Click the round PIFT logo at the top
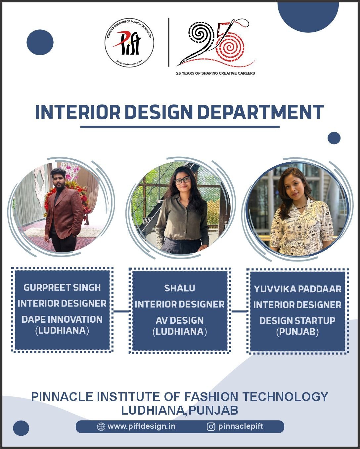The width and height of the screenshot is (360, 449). click(x=129, y=43)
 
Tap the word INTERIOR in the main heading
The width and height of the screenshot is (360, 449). click(x=78, y=112)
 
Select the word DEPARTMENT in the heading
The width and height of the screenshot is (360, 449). click(x=261, y=112)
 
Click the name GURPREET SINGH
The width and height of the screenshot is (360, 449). click(x=62, y=288)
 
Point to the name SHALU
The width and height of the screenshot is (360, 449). click(x=180, y=288)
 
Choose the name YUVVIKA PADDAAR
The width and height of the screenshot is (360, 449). click(x=297, y=289)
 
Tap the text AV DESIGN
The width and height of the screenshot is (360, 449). click(x=180, y=320)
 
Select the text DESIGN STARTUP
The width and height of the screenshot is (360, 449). click(x=297, y=321)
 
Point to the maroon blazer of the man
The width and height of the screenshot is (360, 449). click(x=64, y=213)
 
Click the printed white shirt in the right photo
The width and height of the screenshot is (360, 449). click(x=301, y=227)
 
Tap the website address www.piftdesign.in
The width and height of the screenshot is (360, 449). click(x=141, y=427)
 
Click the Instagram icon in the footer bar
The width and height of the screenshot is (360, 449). click(x=211, y=427)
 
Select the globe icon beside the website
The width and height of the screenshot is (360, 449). click(x=101, y=427)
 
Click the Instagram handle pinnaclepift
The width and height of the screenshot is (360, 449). click(x=240, y=427)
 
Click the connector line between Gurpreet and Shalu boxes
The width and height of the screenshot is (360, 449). click(x=121, y=311)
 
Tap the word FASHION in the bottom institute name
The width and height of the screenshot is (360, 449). click(x=211, y=396)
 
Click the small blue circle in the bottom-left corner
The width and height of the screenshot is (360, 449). click(x=21, y=428)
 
